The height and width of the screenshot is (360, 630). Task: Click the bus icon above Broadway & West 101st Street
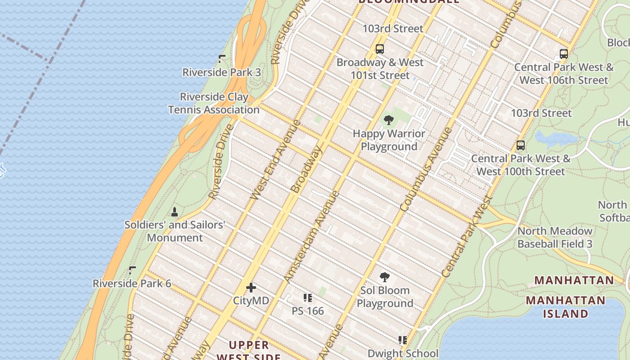(380, 49)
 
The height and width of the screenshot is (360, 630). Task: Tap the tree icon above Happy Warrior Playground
(388, 120)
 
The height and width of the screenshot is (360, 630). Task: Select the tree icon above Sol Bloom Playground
(384, 277)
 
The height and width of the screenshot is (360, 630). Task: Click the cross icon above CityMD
(251, 288)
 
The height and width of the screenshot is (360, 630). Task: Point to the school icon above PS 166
(308, 297)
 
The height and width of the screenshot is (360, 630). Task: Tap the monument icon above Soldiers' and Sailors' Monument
(175, 211)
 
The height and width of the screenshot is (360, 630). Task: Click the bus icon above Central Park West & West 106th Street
(563, 54)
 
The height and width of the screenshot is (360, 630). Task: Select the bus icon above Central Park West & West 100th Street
(521, 145)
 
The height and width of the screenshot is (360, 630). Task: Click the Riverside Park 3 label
(221, 72)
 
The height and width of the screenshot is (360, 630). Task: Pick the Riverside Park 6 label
(132, 283)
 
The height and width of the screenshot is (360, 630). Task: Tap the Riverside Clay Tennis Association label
(214, 103)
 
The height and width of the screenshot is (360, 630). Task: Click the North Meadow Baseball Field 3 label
(555, 238)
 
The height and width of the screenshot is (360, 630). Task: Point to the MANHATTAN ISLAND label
(565, 307)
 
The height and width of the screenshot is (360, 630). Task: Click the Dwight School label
(403, 353)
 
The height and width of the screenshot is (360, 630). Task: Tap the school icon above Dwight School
(402, 340)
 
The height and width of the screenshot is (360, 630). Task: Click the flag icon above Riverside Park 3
(222, 58)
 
